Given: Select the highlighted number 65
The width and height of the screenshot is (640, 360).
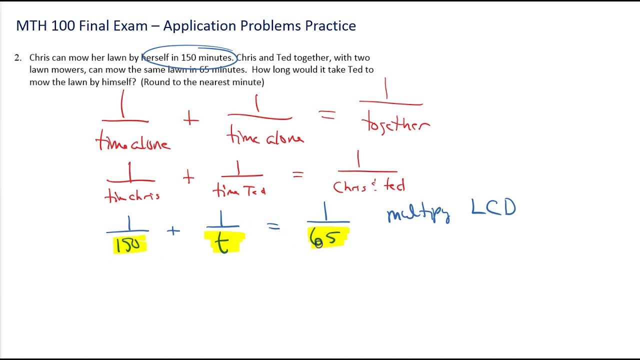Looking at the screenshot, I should coord(327,238).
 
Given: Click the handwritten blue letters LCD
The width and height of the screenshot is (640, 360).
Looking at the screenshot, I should coord(493,207).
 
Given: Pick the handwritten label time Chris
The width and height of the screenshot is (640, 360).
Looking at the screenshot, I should coord(132,196).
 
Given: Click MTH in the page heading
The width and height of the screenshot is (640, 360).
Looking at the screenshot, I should coord(28,26).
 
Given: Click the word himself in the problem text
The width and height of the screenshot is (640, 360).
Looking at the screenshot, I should coord(119,82).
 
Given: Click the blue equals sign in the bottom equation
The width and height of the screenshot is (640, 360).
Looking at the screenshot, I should coord(273,226).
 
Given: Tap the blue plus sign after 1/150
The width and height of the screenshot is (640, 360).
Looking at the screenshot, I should coord(173,231).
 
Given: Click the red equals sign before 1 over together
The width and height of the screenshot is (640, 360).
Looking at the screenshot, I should coord(327,116).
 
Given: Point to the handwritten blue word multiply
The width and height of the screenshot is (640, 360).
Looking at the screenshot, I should coord(418,214).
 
